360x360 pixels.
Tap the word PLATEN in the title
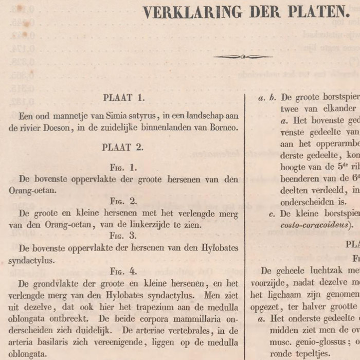315,12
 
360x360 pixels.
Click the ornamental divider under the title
243,57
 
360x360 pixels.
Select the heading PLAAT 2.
122,147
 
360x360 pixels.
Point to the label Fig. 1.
123,168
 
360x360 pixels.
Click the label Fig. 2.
123,201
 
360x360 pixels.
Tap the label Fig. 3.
123,236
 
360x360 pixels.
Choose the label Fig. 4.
123,270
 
